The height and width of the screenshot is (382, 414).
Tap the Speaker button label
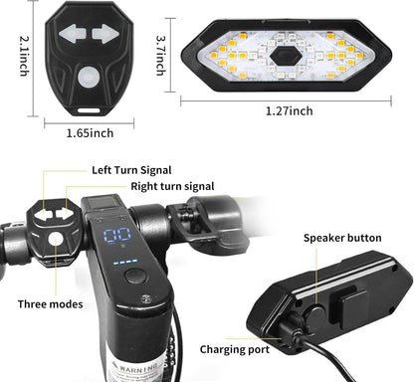(x=342, y=239)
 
